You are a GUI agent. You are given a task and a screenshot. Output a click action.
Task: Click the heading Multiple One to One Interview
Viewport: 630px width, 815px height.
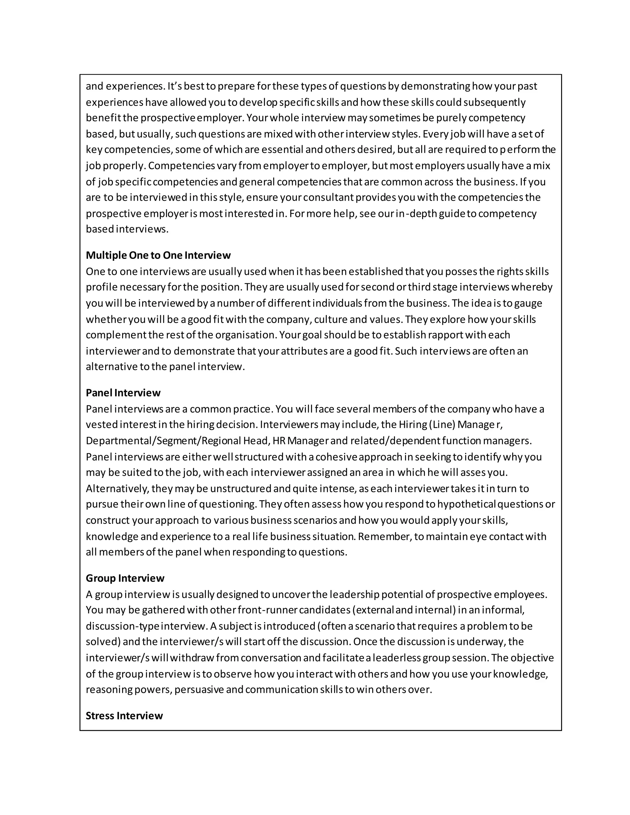(158, 255)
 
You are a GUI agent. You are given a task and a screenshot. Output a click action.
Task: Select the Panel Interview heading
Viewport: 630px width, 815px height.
(123, 393)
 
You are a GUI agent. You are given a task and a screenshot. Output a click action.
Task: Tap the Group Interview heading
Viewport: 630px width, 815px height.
(125, 578)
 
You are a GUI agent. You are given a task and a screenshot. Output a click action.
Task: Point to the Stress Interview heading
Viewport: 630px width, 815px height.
(124, 715)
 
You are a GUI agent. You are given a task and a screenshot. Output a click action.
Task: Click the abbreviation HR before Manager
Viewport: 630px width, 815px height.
(278, 441)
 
